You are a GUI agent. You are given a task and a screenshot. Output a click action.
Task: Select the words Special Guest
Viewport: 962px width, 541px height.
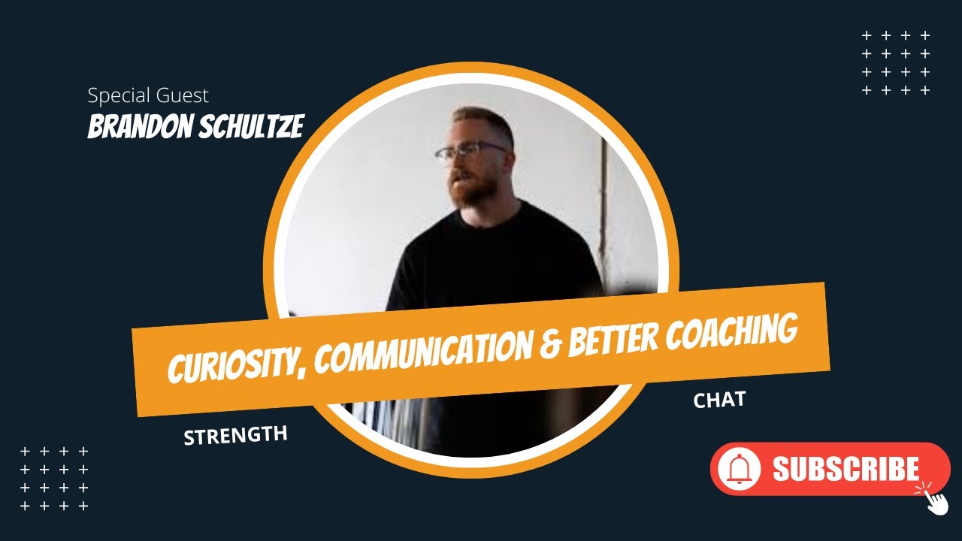pyautogui.click(x=148, y=95)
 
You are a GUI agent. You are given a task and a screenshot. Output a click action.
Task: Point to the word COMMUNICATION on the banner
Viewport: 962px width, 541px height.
pyautogui.click(x=420, y=352)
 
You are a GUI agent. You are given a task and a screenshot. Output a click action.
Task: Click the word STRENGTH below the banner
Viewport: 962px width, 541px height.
pyautogui.click(x=235, y=435)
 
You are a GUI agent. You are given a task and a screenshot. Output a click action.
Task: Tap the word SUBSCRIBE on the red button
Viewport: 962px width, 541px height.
pyautogui.click(x=846, y=470)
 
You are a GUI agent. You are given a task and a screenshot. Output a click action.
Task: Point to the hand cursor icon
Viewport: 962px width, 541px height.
pyautogui.click(x=934, y=498)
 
